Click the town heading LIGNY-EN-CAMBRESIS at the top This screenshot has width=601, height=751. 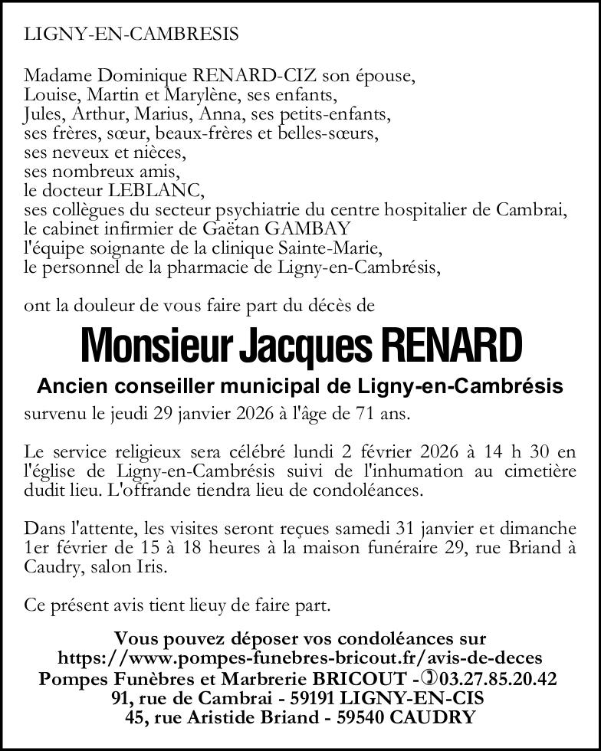[131, 34]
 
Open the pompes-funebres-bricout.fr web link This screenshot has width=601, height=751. [300, 658]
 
